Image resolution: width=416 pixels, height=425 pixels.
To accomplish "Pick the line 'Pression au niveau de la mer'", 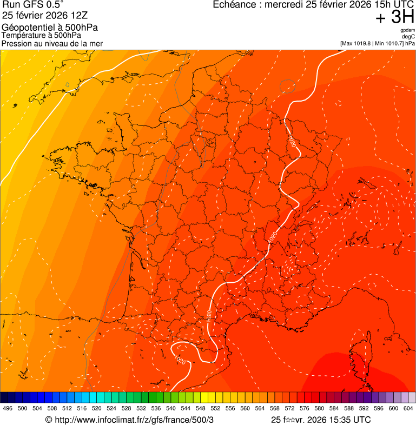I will coord(52,43).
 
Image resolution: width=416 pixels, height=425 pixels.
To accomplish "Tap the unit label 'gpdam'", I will coord(407,30).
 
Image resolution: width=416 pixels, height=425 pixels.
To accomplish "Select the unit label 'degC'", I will coord(408,36).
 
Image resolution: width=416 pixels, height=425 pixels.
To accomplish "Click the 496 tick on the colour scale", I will coord(8,409).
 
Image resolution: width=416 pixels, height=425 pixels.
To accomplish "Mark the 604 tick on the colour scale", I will coord(408,409).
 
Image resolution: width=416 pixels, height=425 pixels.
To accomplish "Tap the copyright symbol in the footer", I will coord(48,420).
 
